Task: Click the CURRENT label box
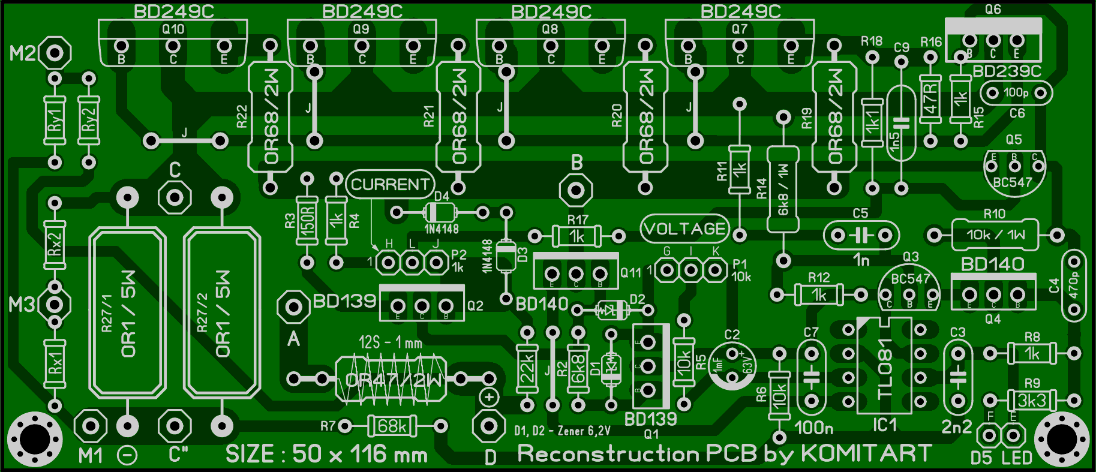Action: click(390, 184)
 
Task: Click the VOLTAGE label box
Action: click(684, 229)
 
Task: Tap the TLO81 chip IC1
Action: click(884, 366)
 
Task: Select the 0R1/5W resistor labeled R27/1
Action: click(127, 312)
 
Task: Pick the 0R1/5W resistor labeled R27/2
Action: click(221, 312)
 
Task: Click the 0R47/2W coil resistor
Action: click(391, 378)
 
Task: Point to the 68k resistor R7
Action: click(392, 426)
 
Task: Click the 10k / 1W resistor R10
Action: click(995, 235)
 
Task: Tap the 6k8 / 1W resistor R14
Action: click(783, 189)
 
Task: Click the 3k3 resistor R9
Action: click(1031, 400)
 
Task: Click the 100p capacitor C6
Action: click(1016, 93)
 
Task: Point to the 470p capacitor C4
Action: click(1073, 285)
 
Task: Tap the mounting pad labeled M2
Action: click(55, 53)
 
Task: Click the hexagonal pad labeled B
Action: click(576, 190)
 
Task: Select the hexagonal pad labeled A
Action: click(293, 307)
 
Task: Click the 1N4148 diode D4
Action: click(440, 212)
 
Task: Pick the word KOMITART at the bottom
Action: click(866, 453)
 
